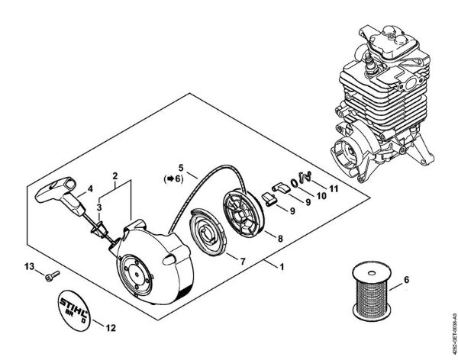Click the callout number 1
click(282, 267)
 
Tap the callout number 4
click(89, 188)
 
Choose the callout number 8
click(280, 239)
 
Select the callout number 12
click(111, 329)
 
